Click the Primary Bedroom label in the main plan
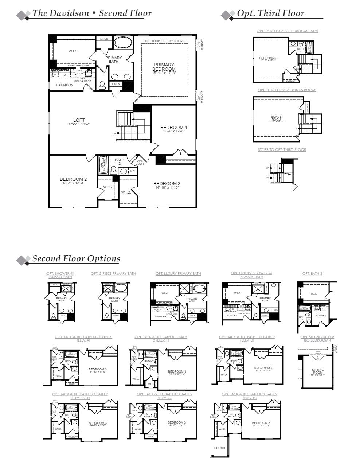pyautogui.click(x=164, y=67)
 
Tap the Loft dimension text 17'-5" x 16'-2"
pyautogui.click(x=79, y=124)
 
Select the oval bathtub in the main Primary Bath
pyautogui.click(x=123, y=43)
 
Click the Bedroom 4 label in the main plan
pyautogui.click(x=173, y=128)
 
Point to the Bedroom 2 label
pyautogui.click(x=73, y=179)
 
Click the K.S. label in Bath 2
pyautogui.click(x=133, y=171)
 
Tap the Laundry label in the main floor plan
pyautogui.click(x=65, y=85)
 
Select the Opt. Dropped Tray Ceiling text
pyautogui.click(x=165, y=41)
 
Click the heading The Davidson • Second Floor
pyautogui.click(x=92, y=13)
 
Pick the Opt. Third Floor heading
pyautogui.click(x=270, y=13)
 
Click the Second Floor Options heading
pyautogui.click(x=76, y=258)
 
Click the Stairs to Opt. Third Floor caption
pyautogui.click(x=282, y=150)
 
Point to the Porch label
pyautogui.click(x=220, y=448)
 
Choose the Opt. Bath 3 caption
pyautogui.click(x=312, y=274)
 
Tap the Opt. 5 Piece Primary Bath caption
pyautogui.click(x=113, y=274)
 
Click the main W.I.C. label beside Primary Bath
pyautogui.click(x=73, y=51)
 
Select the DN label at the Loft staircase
pyautogui.click(x=114, y=133)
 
